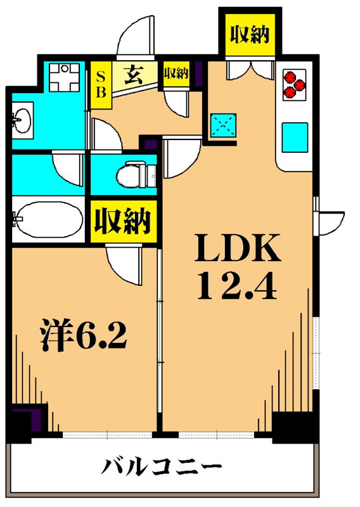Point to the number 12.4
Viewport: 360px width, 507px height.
tap(238, 286)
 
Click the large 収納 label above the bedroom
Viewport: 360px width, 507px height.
tap(122, 221)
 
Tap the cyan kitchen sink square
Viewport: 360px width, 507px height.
tap(295, 134)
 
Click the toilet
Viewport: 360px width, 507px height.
tap(136, 174)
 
